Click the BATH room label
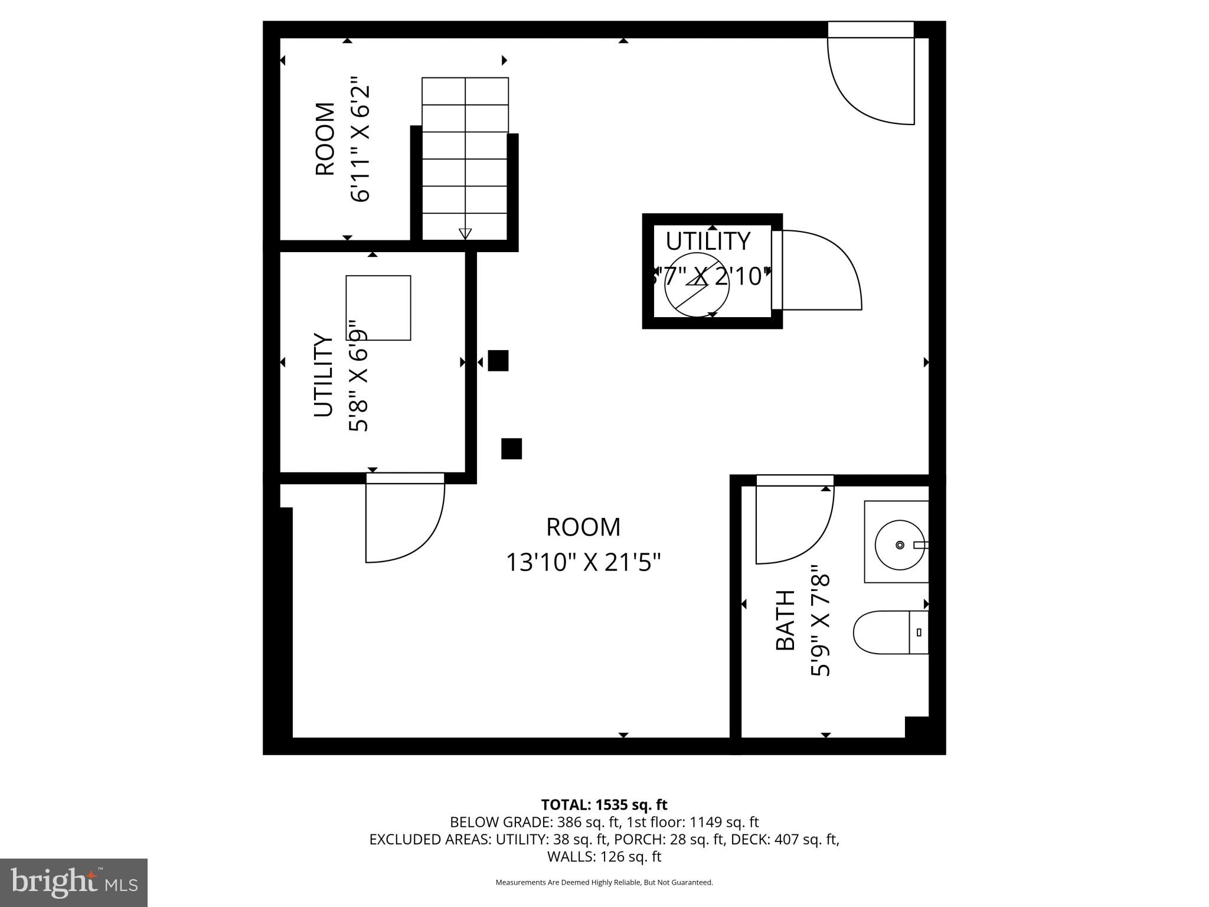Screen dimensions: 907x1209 coord(785,620)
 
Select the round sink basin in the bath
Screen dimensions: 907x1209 coord(899,544)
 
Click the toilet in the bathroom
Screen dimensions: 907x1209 coord(888,632)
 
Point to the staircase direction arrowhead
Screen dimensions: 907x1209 coord(465,233)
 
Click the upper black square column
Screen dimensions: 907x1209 coord(498,360)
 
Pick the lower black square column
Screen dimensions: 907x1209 coord(511,449)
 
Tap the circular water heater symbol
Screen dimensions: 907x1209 coord(697,284)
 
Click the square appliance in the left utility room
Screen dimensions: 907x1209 coord(378,308)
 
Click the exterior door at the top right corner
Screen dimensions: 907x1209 coord(871,74)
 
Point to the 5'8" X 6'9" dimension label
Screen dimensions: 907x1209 coord(358,376)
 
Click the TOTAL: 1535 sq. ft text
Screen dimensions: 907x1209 coord(604,805)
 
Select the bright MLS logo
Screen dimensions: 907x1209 coord(74,883)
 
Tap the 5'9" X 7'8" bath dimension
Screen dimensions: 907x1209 coord(821,620)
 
